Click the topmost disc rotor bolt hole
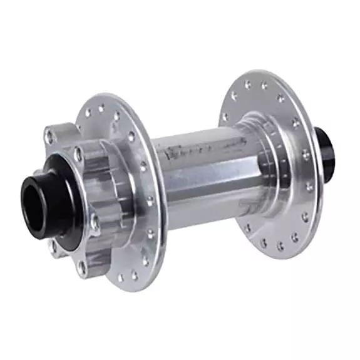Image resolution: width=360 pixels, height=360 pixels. [x=49, y=133]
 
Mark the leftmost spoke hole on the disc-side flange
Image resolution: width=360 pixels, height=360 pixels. [x=87, y=115]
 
